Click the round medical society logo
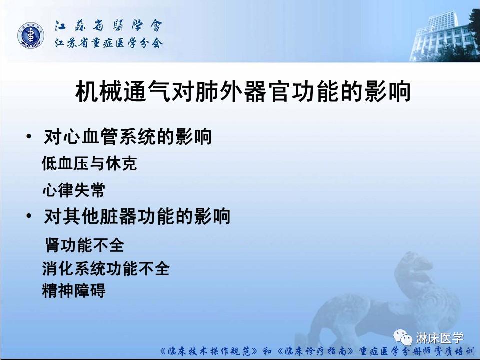31,35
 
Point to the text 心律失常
74,190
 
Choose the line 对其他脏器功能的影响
137,217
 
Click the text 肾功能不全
84,245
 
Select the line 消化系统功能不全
106,269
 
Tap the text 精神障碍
74,291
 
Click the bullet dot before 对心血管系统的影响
30,137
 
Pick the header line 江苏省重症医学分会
108,43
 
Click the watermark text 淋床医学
440,339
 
